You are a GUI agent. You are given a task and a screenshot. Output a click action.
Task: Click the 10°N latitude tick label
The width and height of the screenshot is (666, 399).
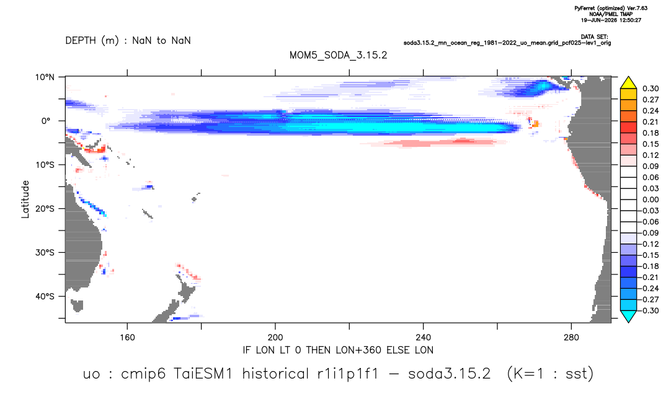45,77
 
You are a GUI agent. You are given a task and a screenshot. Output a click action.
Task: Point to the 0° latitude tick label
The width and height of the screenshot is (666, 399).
45,121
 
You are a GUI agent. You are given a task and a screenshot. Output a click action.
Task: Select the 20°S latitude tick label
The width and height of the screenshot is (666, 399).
45,208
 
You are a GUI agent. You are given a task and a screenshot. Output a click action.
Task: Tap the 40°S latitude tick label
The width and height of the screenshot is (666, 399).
45,296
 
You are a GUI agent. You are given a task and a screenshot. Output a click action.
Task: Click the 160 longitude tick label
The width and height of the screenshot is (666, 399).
127,338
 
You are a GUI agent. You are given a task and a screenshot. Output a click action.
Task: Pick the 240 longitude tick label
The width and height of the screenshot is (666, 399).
424,338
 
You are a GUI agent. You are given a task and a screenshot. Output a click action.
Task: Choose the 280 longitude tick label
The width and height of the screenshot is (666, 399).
571,338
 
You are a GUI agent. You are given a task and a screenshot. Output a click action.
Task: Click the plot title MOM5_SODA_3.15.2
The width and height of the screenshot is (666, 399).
338,55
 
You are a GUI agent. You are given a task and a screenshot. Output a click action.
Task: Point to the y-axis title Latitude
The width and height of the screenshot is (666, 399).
25,199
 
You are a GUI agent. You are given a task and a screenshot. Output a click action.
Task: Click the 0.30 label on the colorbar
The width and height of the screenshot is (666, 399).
650,89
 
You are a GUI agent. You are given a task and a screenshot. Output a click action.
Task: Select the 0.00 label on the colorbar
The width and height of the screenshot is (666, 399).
650,199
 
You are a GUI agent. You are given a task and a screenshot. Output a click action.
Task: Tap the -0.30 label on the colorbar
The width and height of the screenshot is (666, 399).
649,310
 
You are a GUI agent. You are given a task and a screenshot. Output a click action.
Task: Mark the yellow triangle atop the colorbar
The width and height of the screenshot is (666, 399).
628,83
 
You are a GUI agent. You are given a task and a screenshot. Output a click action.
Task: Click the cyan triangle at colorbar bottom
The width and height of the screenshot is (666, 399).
628,316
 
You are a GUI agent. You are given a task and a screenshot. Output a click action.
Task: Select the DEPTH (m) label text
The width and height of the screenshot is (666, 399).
92,41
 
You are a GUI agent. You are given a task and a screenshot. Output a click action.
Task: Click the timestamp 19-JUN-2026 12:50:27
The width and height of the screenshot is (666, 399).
611,20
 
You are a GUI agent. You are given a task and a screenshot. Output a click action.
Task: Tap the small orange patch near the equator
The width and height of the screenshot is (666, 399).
536,124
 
